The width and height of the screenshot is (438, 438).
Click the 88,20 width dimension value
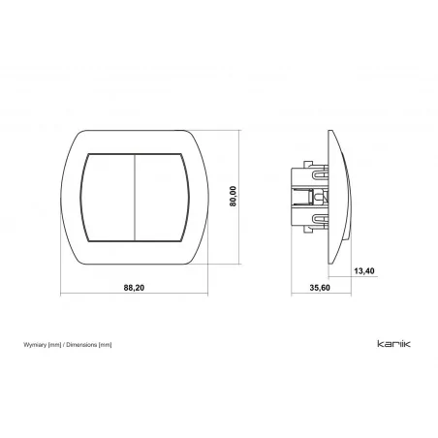(134, 287)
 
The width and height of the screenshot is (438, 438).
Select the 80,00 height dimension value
(233, 196)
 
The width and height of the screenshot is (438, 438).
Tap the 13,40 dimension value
(364, 271)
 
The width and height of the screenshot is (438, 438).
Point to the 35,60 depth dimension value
(320, 288)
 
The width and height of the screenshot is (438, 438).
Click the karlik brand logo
(393, 344)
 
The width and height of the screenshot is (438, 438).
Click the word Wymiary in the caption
(35, 345)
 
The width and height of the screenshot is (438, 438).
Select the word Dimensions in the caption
(81, 345)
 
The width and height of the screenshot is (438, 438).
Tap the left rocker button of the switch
(108, 198)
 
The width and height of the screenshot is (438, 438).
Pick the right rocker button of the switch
(162, 198)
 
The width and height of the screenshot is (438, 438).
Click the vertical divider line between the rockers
(135, 198)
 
